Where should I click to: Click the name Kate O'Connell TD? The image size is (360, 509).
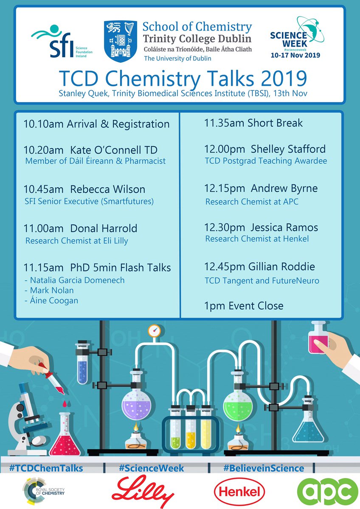114,150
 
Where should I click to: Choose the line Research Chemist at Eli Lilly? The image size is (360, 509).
76,241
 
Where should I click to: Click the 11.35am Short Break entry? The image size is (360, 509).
253,123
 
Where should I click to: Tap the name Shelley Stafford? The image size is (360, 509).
288,149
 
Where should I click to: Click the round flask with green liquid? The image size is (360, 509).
239,401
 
